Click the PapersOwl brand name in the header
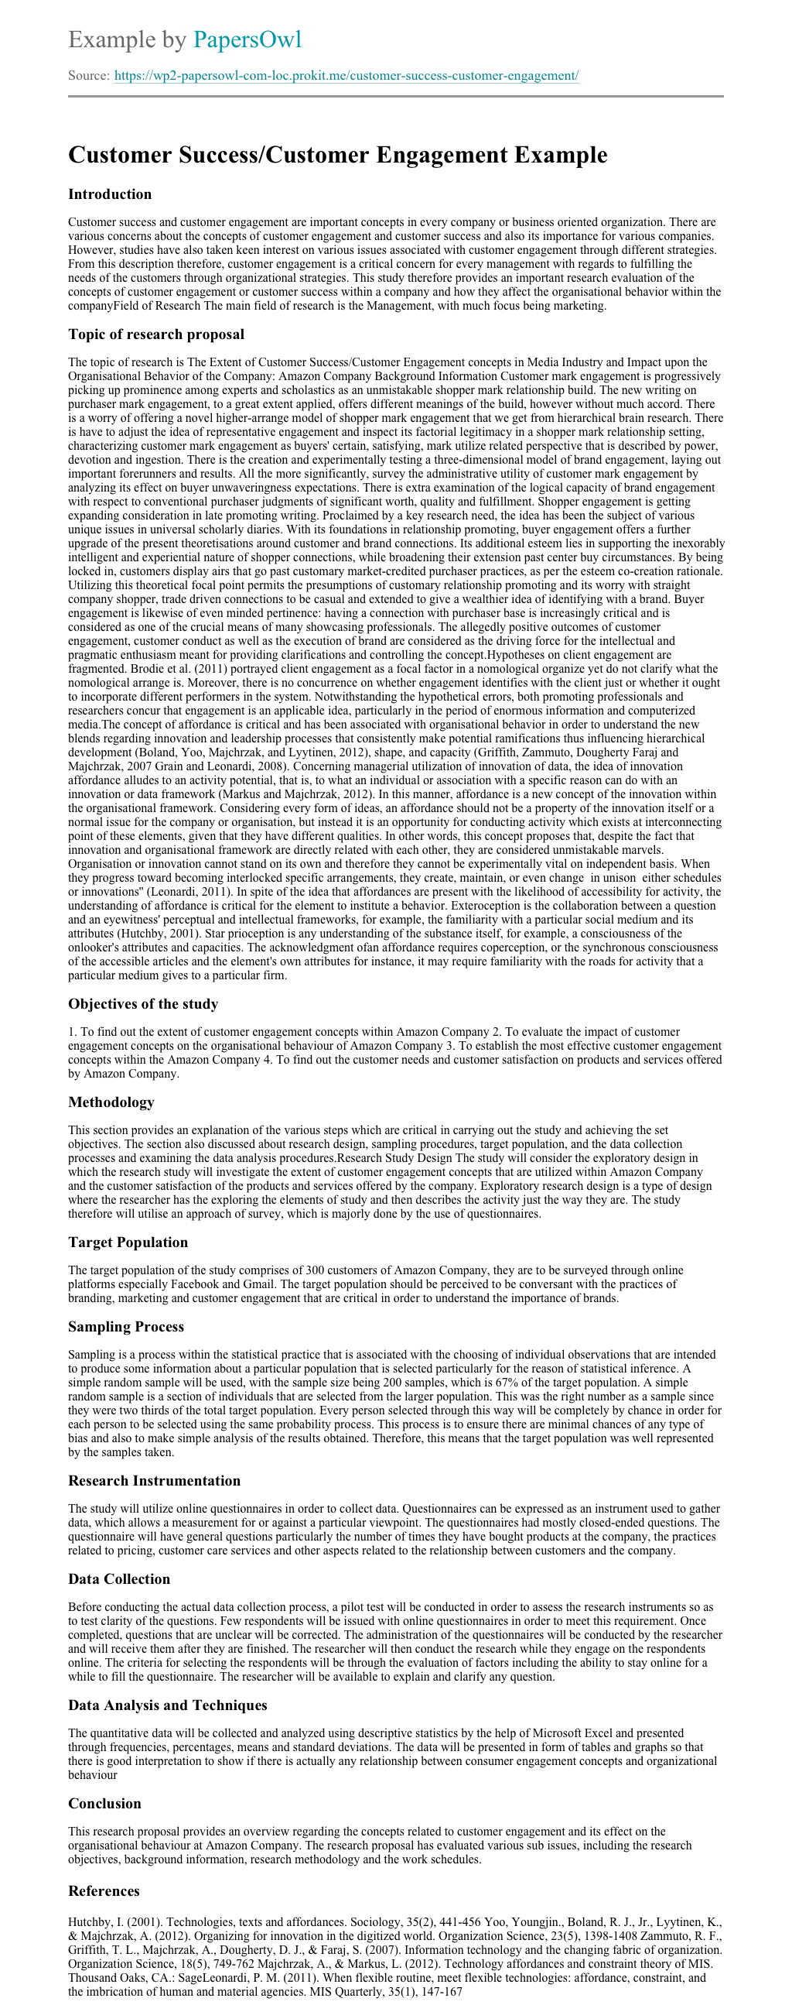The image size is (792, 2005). pyautogui.click(x=247, y=39)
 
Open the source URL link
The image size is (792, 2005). pyautogui.click(x=346, y=76)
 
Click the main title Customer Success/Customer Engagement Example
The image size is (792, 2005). pyautogui.click(x=338, y=155)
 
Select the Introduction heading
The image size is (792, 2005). pyautogui.click(x=110, y=194)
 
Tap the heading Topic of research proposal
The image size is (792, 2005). pyautogui.click(x=156, y=334)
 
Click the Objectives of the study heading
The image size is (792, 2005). pyautogui.click(x=143, y=1004)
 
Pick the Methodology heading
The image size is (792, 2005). pyautogui.click(x=111, y=1102)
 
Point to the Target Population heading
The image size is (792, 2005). pyautogui.click(x=128, y=1242)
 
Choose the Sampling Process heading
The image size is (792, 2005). pyautogui.click(x=126, y=1326)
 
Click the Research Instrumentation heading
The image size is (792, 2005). pyautogui.click(x=154, y=1480)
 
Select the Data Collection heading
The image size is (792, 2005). pyautogui.click(x=119, y=1578)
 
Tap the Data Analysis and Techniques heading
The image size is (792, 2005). pyautogui.click(x=167, y=1705)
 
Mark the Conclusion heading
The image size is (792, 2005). pyautogui.click(x=105, y=1804)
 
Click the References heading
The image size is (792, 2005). pyautogui.click(x=104, y=1890)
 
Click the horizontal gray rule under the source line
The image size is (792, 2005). pyautogui.click(x=396, y=97)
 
